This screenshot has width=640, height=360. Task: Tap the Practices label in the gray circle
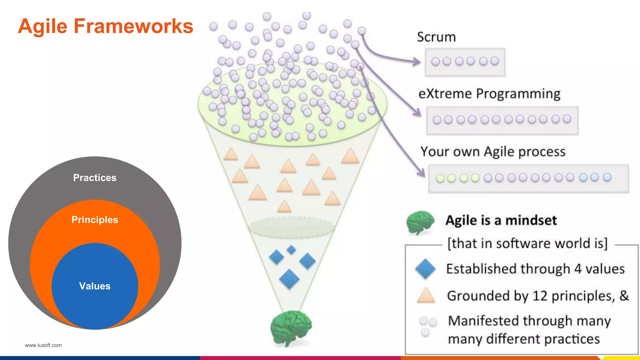(95, 178)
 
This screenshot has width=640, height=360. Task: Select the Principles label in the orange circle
(95, 220)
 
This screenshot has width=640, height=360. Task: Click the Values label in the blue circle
(95, 286)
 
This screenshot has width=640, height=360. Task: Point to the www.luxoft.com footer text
(43, 345)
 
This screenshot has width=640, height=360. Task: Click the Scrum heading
(436, 37)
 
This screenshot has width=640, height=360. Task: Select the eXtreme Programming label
(489, 94)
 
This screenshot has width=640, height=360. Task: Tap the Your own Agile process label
(493, 152)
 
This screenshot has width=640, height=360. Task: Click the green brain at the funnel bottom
(291, 327)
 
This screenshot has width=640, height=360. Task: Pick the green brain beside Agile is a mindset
(420, 222)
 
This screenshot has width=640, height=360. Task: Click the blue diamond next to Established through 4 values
(425, 269)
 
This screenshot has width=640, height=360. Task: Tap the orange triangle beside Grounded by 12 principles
(426, 296)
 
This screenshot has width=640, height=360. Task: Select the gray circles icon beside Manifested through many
(427, 326)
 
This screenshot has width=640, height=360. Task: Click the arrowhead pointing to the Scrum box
(418, 62)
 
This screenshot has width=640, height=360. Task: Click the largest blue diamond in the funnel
(289, 279)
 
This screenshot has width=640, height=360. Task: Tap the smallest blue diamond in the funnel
(291, 250)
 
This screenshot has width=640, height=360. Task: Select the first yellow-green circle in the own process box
(440, 178)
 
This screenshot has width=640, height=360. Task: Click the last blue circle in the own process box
(607, 177)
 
